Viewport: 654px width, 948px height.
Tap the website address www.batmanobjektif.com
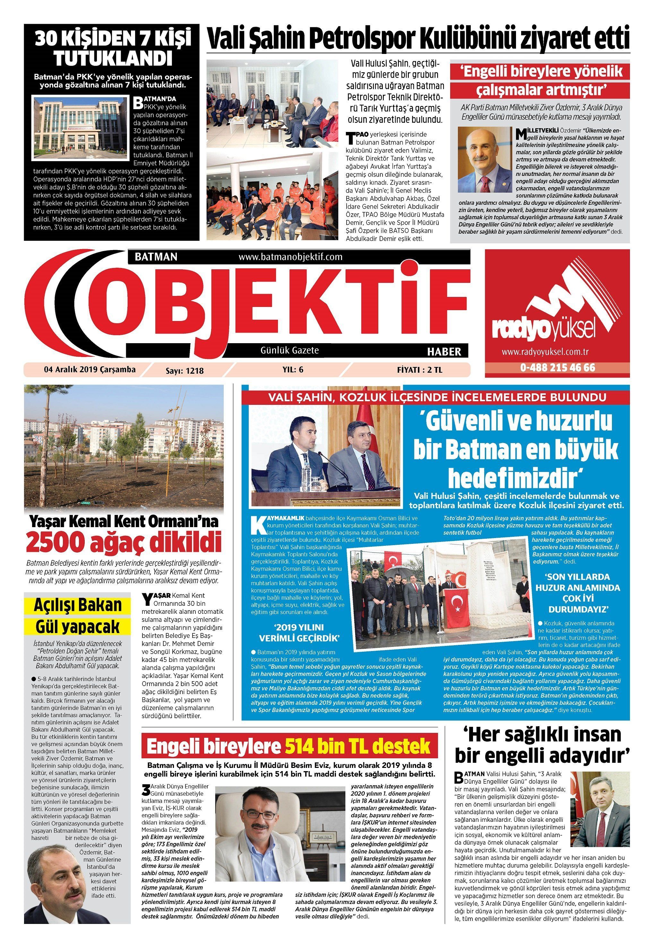click(290, 257)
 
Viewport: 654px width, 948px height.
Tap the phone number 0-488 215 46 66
click(557, 367)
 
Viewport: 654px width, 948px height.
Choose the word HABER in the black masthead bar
click(444, 351)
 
